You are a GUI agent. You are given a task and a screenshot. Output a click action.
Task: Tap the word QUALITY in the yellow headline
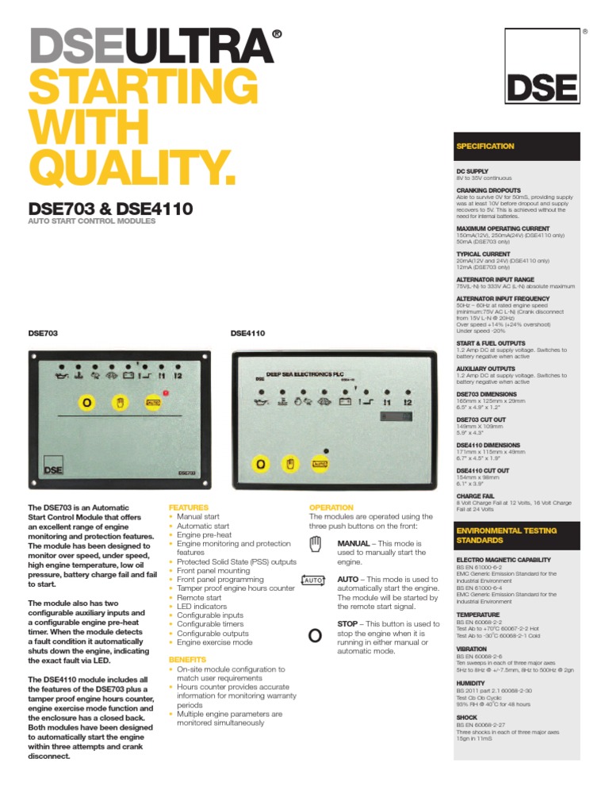click(132, 163)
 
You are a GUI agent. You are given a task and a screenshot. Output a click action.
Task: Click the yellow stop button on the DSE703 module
click(86, 402)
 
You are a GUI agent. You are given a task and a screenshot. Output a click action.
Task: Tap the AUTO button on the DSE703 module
click(153, 402)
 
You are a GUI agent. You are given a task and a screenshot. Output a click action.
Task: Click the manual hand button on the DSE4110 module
click(290, 463)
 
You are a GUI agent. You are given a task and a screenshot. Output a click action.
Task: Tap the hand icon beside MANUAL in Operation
click(315, 543)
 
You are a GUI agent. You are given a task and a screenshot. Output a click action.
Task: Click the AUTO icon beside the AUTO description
click(314, 580)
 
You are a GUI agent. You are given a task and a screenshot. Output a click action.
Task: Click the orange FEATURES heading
click(189, 507)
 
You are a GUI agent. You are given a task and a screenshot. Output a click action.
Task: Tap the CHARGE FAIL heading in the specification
click(477, 496)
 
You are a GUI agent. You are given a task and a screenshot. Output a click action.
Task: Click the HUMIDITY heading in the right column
click(470, 683)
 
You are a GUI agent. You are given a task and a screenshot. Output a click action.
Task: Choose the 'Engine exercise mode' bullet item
click(214, 643)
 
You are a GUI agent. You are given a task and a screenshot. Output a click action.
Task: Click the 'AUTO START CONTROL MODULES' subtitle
click(93, 221)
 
